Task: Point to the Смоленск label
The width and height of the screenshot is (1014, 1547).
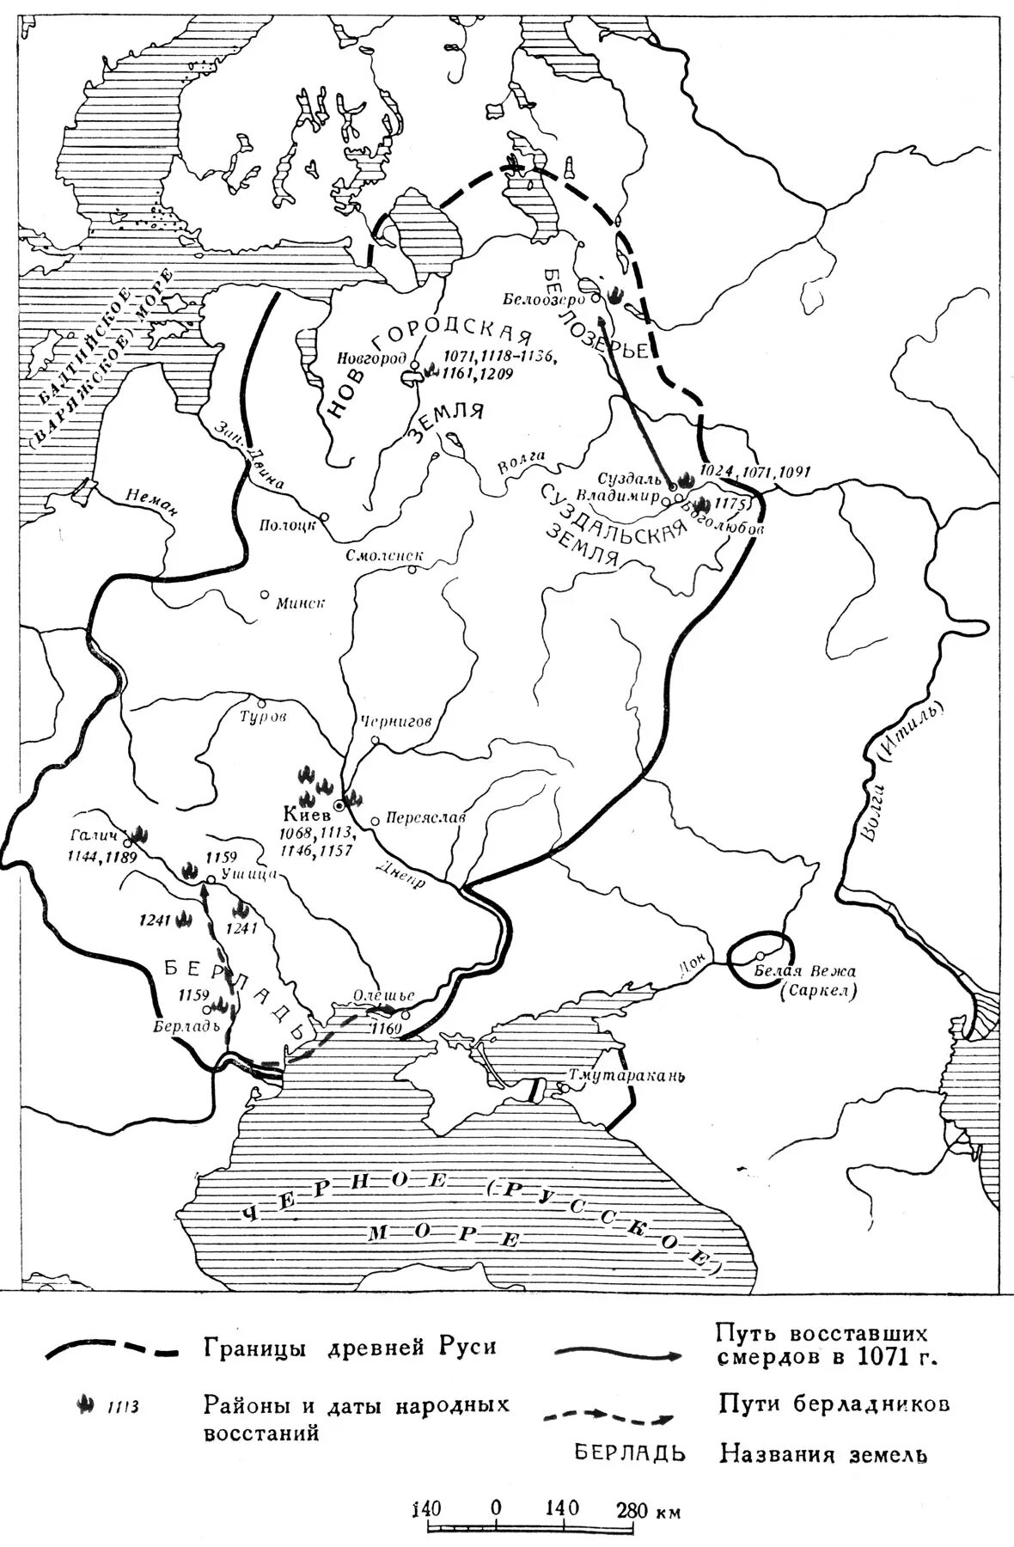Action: tap(378, 555)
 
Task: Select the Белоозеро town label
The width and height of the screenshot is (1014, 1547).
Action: tap(544, 298)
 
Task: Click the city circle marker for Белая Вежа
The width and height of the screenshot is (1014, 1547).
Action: tap(760, 956)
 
